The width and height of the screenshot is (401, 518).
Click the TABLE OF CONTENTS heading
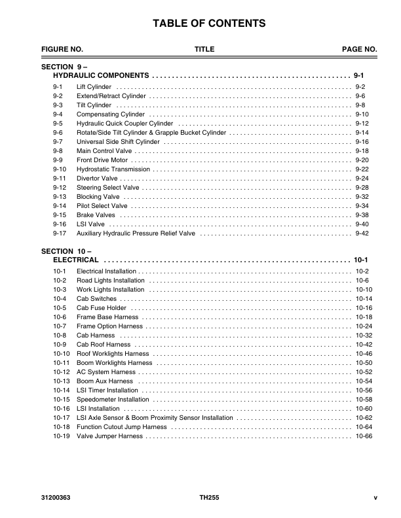209,24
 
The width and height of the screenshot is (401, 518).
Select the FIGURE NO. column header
62,50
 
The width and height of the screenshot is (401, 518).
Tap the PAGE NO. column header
359,50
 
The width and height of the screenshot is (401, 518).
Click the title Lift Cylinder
94,87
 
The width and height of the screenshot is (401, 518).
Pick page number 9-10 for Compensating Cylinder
362,114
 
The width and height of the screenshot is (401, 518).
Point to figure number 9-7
58,141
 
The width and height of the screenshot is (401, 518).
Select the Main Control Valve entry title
105,150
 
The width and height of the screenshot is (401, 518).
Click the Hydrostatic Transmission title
113,169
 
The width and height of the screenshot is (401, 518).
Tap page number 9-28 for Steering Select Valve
362,187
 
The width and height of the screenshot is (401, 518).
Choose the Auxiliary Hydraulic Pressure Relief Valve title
136,233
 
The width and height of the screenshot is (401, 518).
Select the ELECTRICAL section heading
76,260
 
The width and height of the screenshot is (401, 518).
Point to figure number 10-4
60,298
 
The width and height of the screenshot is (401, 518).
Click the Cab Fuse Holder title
102,307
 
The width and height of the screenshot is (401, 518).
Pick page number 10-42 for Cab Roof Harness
364,344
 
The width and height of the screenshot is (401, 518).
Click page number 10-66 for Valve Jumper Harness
364,436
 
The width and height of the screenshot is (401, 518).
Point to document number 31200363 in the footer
56,497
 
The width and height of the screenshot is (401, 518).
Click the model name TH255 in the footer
209,497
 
